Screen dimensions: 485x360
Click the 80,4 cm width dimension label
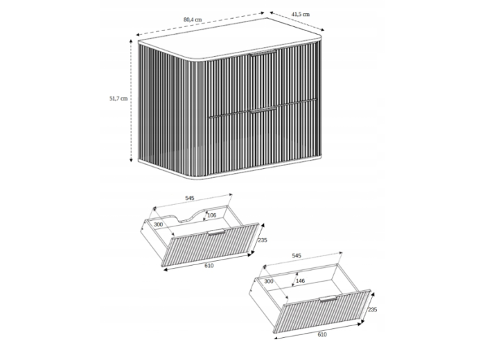pyautogui.click(x=193, y=19)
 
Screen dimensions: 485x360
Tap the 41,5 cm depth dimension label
pyautogui.click(x=300, y=15)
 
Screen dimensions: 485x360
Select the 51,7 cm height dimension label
pyautogui.click(x=118, y=98)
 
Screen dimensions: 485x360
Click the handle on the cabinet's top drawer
pyautogui.click(x=263, y=53)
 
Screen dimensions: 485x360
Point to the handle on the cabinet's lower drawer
pyautogui.click(x=263, y=109)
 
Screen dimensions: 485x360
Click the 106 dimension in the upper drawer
pyautogui.click(x=211, y=215)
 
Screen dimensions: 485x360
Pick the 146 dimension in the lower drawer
pyautogui.click(x=300, y=281)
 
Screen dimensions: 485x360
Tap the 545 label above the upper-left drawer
pyautogui.click(x=190, y=198)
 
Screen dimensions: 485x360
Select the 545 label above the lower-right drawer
pyautogui.click(x=297, y=255)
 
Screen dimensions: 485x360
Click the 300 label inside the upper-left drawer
pyautogui.click(x=158, y=224)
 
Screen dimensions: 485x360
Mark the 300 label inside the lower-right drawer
pyautogui.click(x=269, y=281)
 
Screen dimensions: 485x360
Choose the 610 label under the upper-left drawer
pyautogui.click(x=209, y=265)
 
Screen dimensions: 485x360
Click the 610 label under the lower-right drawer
pyautogui.click(x=322, y=334)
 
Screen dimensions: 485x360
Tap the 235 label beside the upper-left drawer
pyautogui.click(x=263, y=240)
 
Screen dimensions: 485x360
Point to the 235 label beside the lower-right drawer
pyautogui.click(x=373, y=309)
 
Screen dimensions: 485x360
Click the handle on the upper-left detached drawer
pyautogui.click(x=216, y=232)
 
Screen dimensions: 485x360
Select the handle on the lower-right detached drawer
pyautogui.click(x=328, y=298)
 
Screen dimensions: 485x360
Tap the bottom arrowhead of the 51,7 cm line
pyautogui.click(x=131, y=160)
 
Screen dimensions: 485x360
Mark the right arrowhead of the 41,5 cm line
pyautogui.click(x=323, y=30)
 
